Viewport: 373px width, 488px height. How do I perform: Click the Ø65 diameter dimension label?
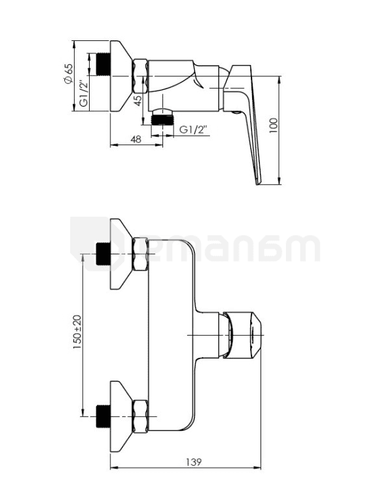tap(68, 74)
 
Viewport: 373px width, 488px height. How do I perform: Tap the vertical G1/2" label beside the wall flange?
tap(83, 93)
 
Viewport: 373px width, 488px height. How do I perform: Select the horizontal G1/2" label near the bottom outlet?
tap(194, 129)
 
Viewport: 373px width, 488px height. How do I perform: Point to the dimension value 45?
tap(138, 100)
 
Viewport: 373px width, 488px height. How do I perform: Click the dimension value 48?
tap(136, 139)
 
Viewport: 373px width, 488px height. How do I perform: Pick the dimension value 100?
tap(273, 126)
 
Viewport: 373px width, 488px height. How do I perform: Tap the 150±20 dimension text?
tap(77, 332)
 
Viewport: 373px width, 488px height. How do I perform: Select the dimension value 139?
tap(194, 462)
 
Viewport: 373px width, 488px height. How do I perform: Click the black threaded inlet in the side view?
tap(104, 64)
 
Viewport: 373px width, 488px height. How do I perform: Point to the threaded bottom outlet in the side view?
tap(162, 120)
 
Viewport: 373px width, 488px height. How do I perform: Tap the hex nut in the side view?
tap(140, 75)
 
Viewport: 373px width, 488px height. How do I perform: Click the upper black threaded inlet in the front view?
tap(104, 254)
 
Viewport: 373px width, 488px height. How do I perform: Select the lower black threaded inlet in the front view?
tap(104, 416)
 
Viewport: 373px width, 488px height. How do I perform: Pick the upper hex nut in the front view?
tap(140, 254)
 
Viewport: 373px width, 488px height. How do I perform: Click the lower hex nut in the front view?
tap(140, 416)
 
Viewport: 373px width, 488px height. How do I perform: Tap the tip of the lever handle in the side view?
tap(259, 184)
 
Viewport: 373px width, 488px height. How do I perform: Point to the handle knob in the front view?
tap(242, 335)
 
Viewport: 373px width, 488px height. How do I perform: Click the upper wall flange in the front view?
tap(120, 254)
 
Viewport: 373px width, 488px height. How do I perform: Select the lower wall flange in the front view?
tap(120, 416)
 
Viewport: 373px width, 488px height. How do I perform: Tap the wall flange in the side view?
tap(120, 75)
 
